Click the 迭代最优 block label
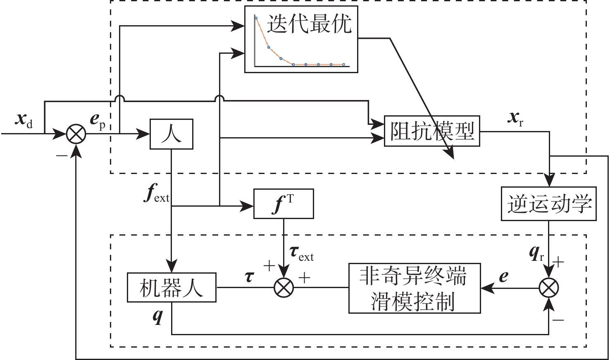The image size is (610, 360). click(x=309, y=24)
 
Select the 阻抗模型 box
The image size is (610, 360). click(x=432, y=131)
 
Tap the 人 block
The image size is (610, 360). click(x=171, y=134)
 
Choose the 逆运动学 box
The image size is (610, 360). click(x=549, y=204)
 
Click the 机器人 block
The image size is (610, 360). click(x=172, y=287)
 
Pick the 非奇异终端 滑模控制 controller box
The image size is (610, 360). click(x=414, y=288)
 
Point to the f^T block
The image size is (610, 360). click(x=283, y=204)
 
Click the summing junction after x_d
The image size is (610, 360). click(x=76, y=134)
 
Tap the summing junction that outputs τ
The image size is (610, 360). click(x=284, y=287)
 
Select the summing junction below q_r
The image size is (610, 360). click(x=549, y=287)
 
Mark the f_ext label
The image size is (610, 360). click(x=156, y=195)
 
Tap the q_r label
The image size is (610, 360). click(x=536, y=253)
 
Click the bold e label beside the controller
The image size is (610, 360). click(x=503, y=276)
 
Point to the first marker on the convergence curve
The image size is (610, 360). click(x=256, y=18)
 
